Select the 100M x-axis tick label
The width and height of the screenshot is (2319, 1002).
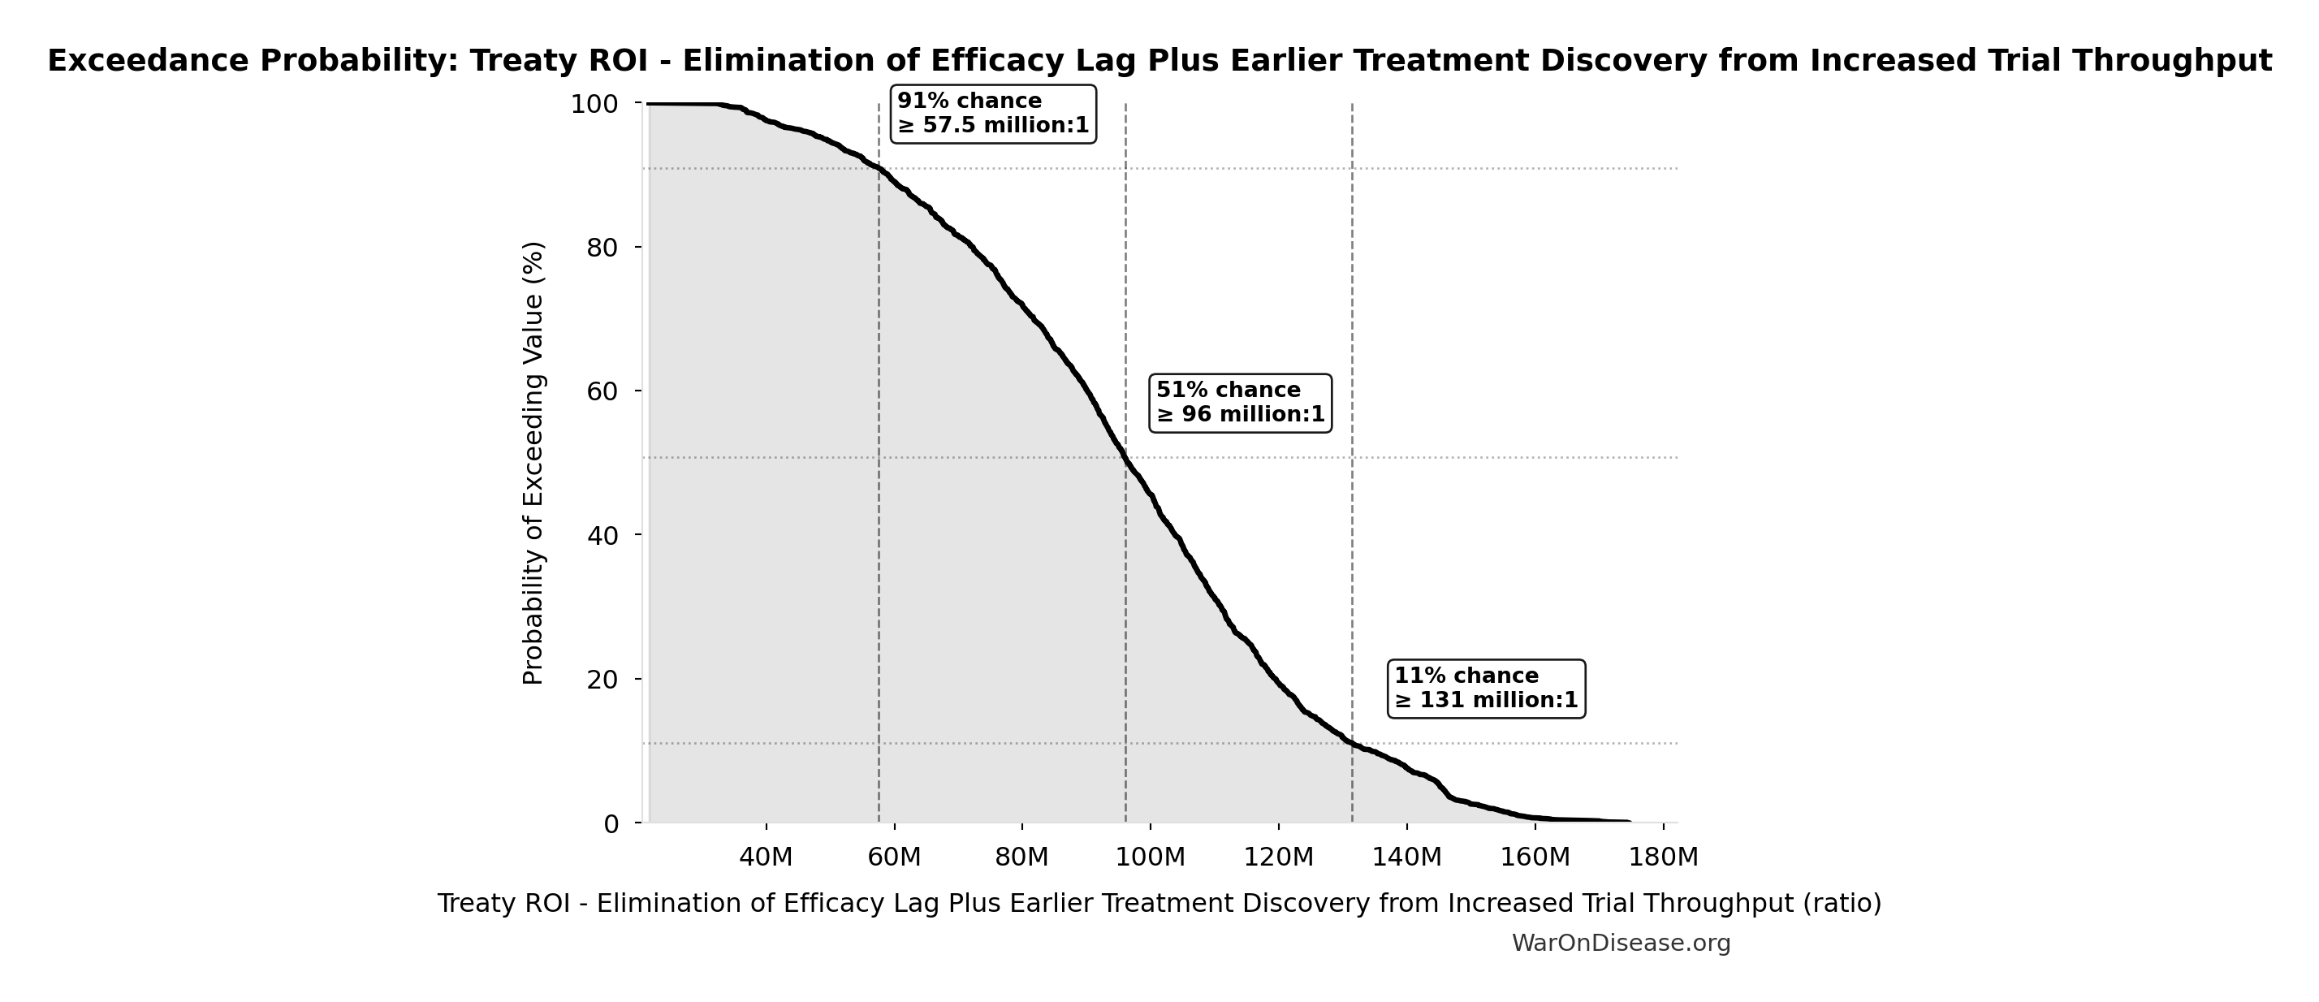click(1150, 857)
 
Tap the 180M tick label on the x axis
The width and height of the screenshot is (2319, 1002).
click(1663, 857)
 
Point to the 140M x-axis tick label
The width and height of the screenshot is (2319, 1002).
click(1406, 857)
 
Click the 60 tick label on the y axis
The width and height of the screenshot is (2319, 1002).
click(602, 391)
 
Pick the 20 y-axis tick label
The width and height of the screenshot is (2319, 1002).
click(602, 680)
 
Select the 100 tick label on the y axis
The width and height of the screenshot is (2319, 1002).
click(595, 105)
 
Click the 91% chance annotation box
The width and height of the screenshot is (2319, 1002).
click(992, 114)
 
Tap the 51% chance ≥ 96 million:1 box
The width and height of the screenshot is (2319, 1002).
click(1240, 403)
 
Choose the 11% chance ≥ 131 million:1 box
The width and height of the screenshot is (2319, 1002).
click(1485, 688)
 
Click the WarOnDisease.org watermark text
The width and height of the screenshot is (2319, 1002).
click(1621, 944)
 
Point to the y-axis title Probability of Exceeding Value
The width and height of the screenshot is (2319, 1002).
click(533, 463)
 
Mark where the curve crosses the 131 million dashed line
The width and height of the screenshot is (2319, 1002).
click(1351, 742)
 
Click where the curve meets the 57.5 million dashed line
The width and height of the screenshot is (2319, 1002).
click(879, 168)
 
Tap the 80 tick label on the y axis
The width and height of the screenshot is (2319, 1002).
click(602, 248)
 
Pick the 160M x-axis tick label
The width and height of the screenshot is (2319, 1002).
click(1535, 857)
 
